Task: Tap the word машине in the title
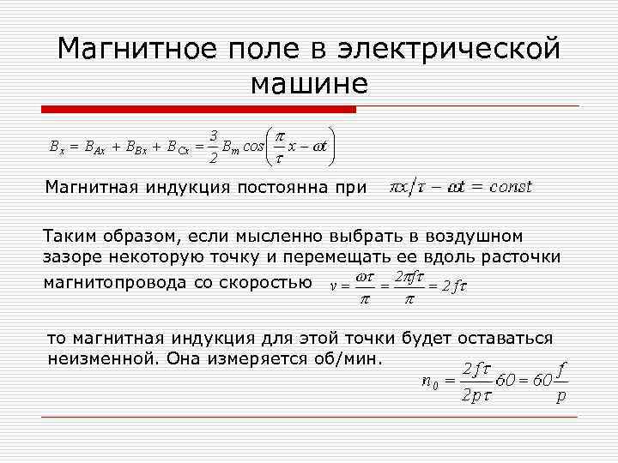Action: click(x=309, y=83)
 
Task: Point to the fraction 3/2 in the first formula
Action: click(x=213, y=145)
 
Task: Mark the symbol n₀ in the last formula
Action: click(x=431, y=382)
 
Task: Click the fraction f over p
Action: click(x=560, y=383)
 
